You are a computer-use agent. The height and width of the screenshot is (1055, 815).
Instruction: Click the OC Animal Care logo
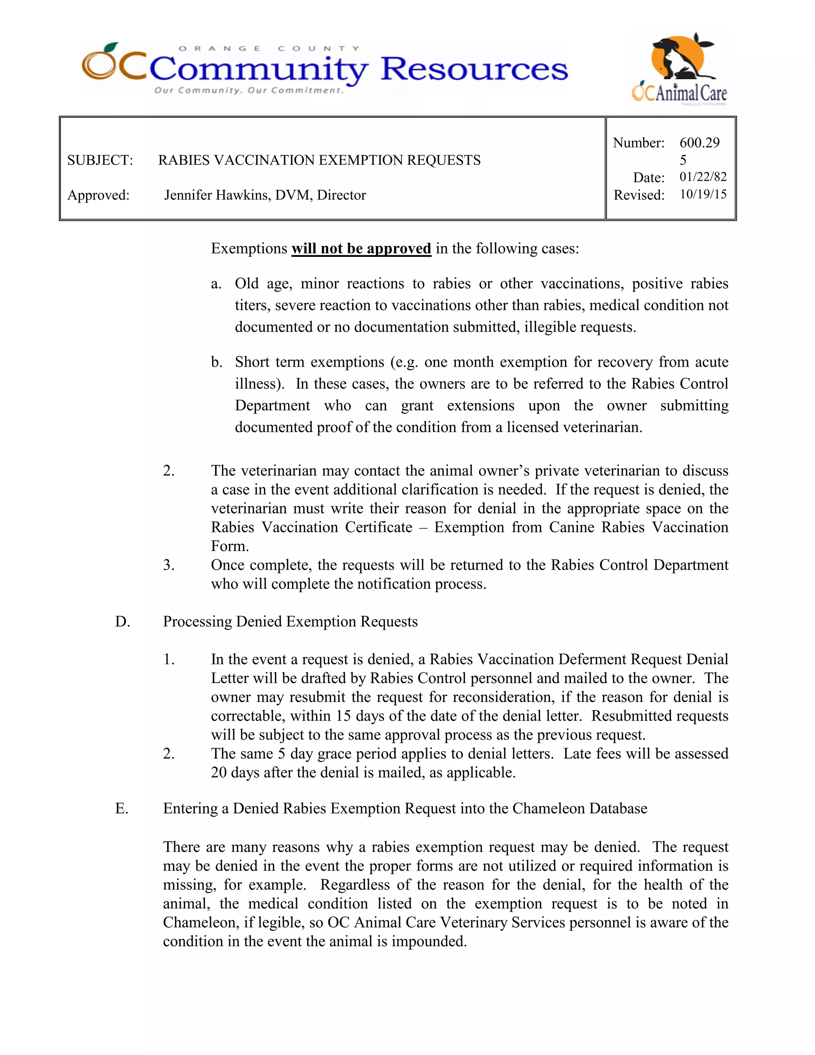(x=680, y=67)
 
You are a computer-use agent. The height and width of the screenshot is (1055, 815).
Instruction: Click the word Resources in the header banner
(x=474, y=69)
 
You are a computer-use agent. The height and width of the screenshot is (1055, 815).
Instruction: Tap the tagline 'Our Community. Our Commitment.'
(x=249, y=90)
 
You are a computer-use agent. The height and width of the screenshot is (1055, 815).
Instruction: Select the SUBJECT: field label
(x=100, y=160)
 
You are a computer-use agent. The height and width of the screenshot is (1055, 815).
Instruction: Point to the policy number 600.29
(x=699, y=143)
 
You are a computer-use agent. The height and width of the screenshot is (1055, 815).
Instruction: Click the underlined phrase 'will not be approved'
(x=361, y=248)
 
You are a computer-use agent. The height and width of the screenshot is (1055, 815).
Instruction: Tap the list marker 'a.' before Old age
(x=216, y=283)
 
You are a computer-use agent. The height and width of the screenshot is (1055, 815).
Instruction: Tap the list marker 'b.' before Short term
(x=216, y=362)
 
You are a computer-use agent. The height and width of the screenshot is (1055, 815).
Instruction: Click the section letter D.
(x=122, y=622)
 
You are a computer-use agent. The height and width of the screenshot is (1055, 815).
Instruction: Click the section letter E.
(x=122, y=809)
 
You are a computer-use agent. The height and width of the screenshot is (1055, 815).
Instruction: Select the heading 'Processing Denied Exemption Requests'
(x=290, y=622)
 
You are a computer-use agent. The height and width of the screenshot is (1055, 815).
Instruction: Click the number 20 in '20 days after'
(x=219, y=772)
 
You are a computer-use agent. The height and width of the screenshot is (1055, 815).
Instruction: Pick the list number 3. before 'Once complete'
(x=168, y=565)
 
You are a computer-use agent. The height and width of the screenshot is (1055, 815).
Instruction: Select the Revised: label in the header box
(x=639, y=195)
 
